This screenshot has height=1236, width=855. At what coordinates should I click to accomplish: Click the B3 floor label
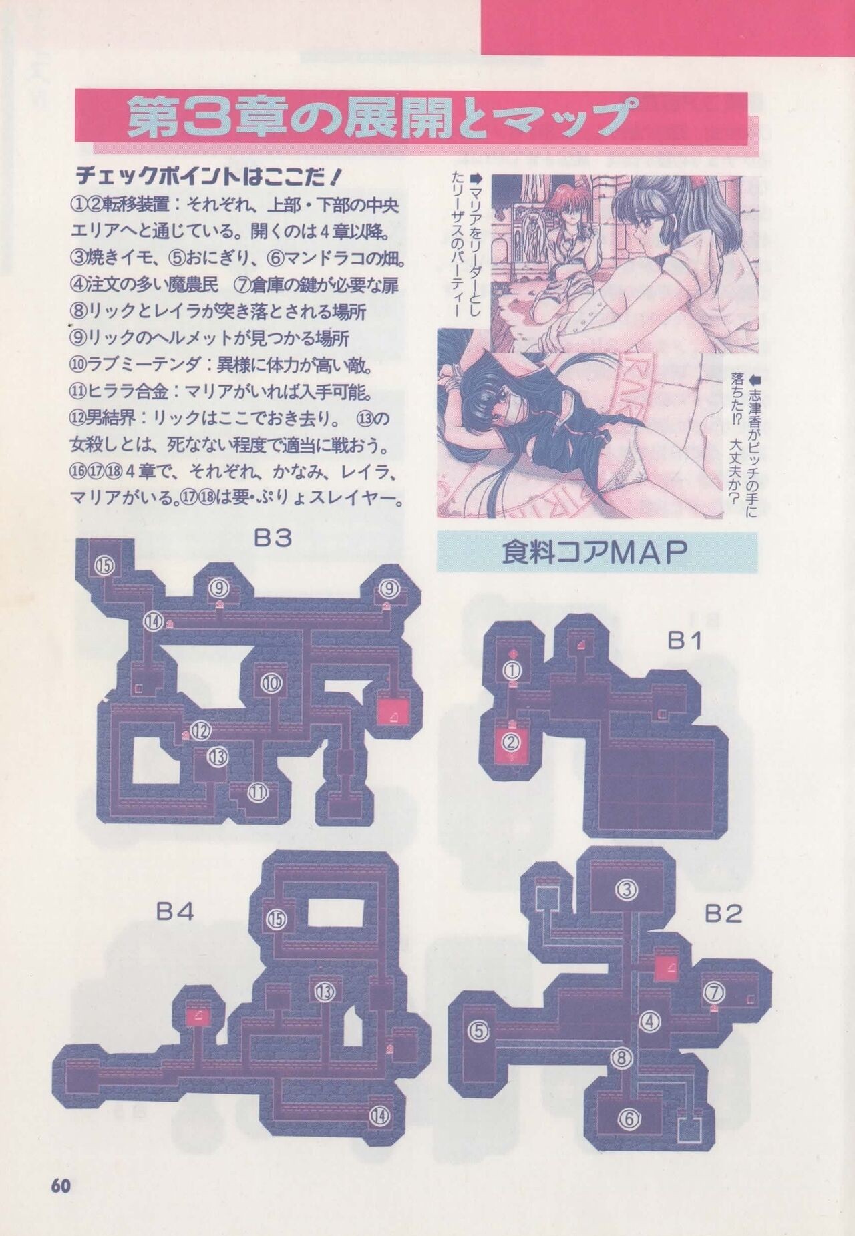coord(273,538)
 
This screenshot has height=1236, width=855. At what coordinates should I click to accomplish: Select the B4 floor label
coord(175,912)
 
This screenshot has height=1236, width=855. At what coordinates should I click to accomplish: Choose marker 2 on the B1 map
coord(512,741)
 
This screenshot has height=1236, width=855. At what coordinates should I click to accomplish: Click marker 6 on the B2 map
coord(629,1118)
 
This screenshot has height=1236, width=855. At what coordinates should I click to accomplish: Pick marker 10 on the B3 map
coord(271,683)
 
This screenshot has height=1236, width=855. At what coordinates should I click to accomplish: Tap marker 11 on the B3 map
coord(258,793)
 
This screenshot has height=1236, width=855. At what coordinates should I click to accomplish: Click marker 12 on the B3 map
coord(200,731)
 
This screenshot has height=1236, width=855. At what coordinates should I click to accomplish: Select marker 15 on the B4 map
coord(277,919)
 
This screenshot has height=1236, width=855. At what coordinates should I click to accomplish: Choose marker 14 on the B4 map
coord(379,1115)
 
